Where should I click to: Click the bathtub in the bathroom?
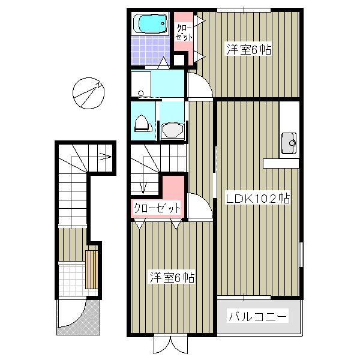tap(150, 23)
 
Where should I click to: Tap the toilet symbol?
tap(143, 124)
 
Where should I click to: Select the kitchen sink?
tap(289, 143)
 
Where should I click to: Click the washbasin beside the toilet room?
tap(172, 131)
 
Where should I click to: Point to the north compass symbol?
tap(88, 93)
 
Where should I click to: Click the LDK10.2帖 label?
tap(258, 199)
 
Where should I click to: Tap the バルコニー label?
tap(257, 317)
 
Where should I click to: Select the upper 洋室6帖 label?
tap(249, 49)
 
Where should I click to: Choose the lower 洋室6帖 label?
tap(172, 277)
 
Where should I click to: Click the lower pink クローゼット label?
tap(157, 208)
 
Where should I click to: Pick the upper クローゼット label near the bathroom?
tap(184, 32)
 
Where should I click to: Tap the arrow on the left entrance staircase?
tap(105, 157)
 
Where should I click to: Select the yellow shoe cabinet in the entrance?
tap(92, 269)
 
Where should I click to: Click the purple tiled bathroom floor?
tap(150, 50)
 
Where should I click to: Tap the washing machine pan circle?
tap(141, 93)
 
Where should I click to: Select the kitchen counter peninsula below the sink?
tap(281, 163)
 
